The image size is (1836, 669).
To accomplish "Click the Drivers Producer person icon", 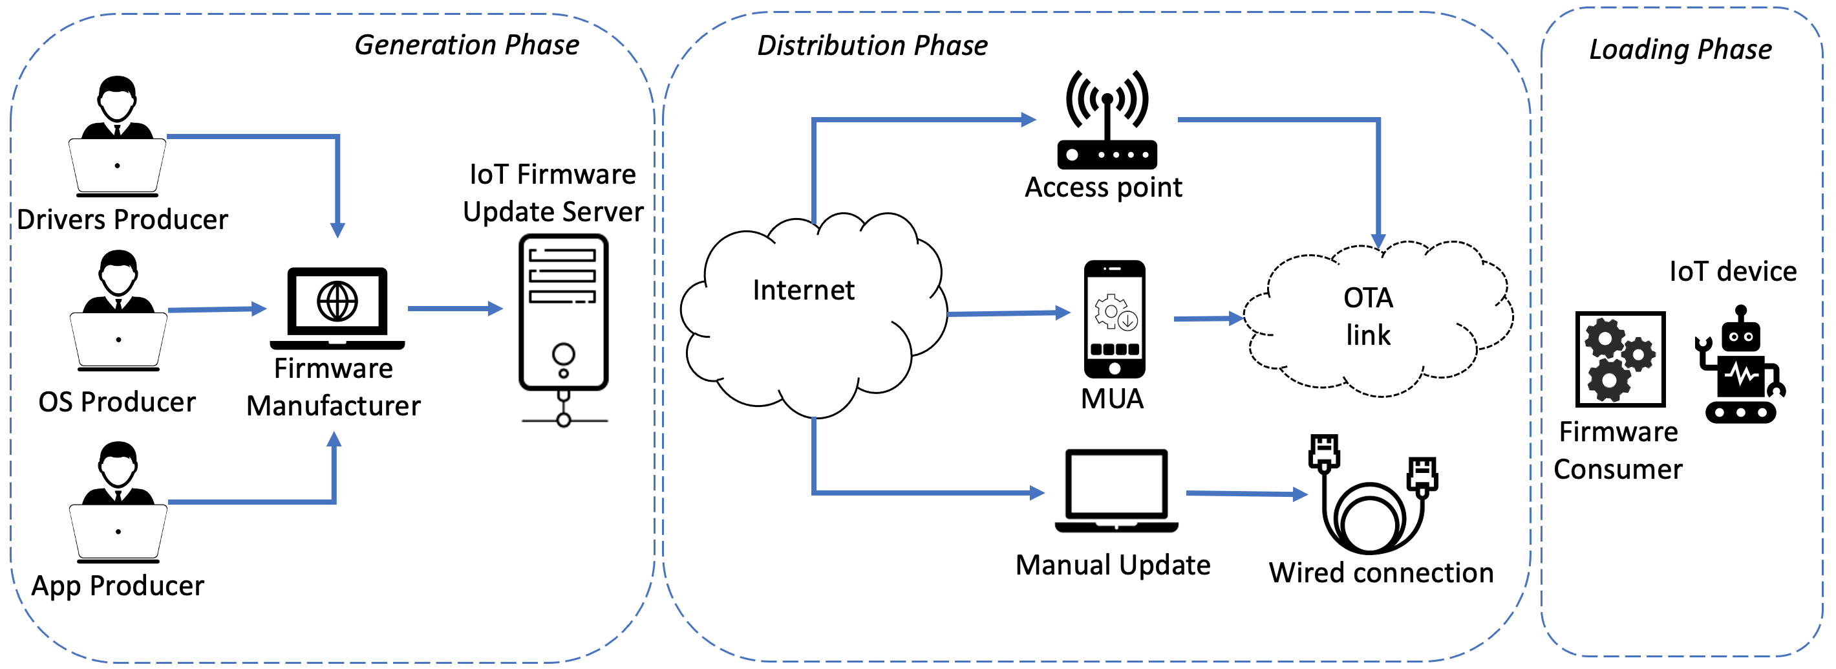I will tap(118, 135).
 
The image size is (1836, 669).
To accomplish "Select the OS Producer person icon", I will tap(118, 311).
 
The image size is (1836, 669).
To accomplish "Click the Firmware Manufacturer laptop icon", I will tap(337, 309).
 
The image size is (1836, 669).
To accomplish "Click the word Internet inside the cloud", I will tap(803, 291).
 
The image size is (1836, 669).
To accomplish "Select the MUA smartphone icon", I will tap(1114, 319).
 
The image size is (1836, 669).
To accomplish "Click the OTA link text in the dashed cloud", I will tap(1368, 316).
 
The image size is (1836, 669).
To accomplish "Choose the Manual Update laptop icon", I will tap(1116, 490).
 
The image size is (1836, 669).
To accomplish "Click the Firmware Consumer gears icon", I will tap(1620, 358).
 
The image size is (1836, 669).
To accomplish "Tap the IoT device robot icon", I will tap(1740, 365).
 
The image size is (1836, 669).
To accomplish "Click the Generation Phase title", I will tap(467, 45).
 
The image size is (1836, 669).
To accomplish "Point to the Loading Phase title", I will tap(1681, 49).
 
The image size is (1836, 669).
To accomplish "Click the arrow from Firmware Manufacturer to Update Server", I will tap(454, 309).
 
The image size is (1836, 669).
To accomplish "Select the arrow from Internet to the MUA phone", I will tap(1008, 313).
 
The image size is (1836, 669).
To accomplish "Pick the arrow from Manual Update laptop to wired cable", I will tap(1246, 493).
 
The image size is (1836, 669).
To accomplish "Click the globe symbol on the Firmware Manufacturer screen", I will tap(337, 301).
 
